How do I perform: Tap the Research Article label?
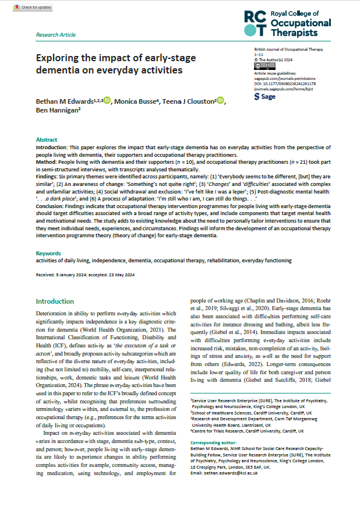[x=56, y=35]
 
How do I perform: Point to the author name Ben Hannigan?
[x=59, y=110]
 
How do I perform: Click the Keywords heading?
[x=48, y=254]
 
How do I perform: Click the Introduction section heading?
[x=58, y=301]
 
